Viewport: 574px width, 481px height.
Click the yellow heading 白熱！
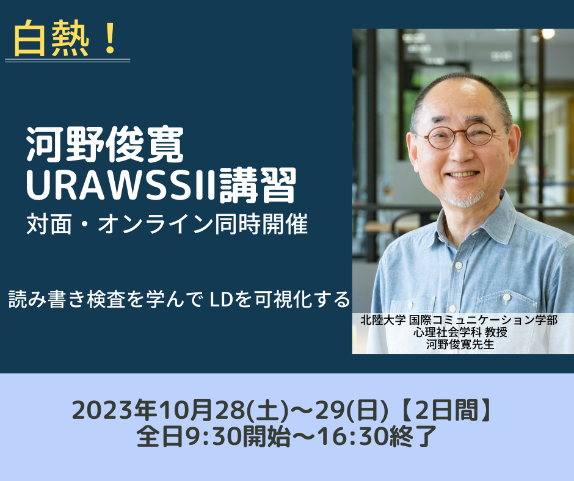(65, 39)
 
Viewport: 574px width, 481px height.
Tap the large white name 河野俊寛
(104, 145)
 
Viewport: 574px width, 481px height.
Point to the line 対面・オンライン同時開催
(167, 223)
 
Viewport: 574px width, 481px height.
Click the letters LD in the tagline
(220, 300)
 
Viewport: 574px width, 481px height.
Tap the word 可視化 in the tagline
(281, 300)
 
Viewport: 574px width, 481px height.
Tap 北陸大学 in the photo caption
(382, 320)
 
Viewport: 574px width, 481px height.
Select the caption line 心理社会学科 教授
(460, 332)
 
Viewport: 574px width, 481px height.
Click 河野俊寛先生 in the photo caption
(460, 344)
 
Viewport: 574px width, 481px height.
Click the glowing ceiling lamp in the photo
(548, 34)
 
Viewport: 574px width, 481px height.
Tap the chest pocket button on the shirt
(507, 298)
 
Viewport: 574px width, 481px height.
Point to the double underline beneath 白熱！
(68, 60)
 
